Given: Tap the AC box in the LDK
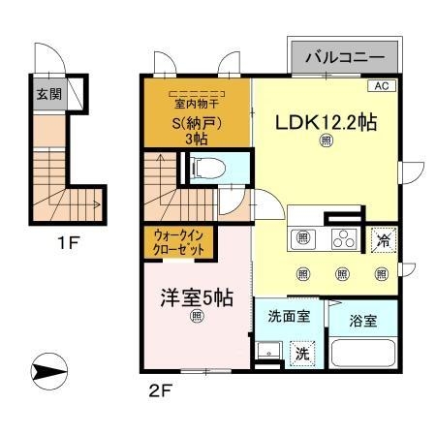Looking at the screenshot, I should point(380,86).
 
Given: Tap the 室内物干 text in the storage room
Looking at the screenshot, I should point(197,104).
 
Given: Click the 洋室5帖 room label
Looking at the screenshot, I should point(197,297).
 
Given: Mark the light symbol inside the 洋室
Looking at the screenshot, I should point(197,316).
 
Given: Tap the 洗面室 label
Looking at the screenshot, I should point(288,315).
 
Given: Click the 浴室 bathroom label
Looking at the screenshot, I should point(363,320).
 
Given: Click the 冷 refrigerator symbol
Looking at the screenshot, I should point(383,239).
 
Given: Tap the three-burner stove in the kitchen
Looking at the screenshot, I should point(344,239).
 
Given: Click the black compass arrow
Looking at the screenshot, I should point(48,369).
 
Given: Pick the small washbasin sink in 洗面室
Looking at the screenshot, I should point(265,351).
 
